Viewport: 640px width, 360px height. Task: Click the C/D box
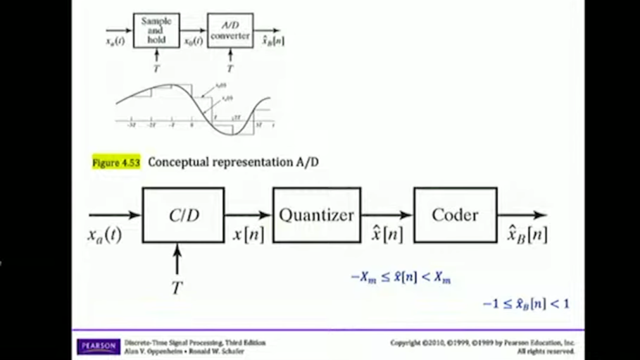click(183, 216)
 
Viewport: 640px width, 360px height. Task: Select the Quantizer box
click(316, 216)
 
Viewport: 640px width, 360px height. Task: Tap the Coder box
click(455, 216)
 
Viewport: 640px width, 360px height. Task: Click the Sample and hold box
click(156, 31)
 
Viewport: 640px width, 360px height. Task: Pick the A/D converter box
click(230, 31)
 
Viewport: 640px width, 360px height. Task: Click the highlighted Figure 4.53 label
click(116, 162)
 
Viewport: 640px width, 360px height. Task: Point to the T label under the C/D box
click(177, 287)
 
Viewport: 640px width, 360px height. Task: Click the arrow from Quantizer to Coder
click(387, 215)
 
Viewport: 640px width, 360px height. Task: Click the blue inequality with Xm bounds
click(401, 278)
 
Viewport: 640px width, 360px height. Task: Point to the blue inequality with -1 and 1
click(525, 304)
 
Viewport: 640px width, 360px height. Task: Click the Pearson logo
click(98, 346)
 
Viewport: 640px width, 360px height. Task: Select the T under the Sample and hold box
click(156, 68)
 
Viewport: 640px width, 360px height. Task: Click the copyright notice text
click(483, 346)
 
